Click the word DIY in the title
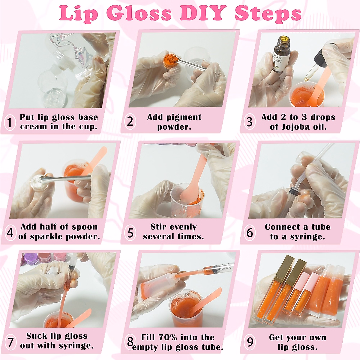click(x=203, y=13)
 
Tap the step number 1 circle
click(x=10, y=122)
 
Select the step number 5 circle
click(x=130, y=233)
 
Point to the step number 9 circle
click(x=250, y=342)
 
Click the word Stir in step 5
click(x=158, y=227)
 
